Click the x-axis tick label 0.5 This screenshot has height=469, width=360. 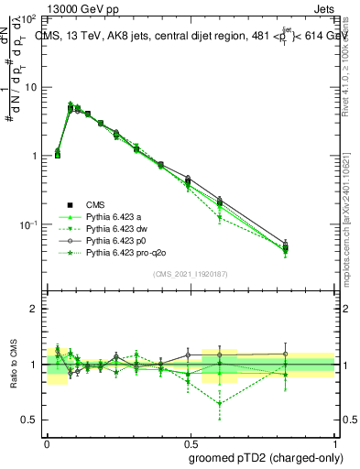pyautogui.click(x=191, y=441)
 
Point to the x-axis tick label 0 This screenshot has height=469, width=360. pyautogui.click(x=47, y=441)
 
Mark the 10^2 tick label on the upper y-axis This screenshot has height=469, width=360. pyautogui.click(x=31, y=19)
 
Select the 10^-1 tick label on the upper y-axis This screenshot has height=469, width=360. pyautogui.click(x=30, y=225)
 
